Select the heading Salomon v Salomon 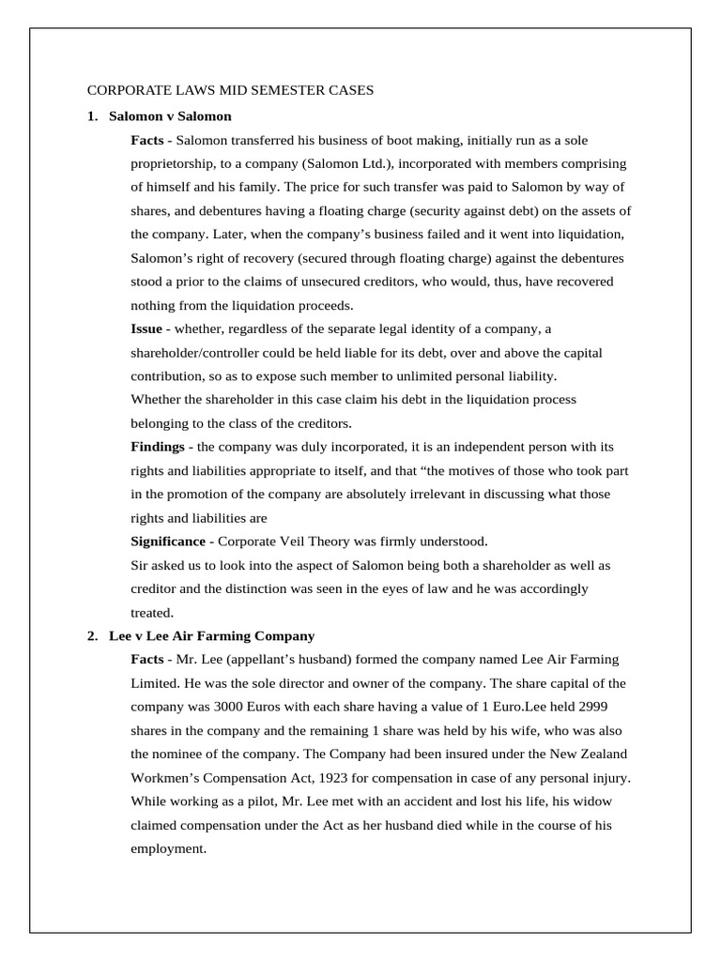(170, 116)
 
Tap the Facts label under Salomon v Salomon (148, 140)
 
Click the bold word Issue (146, 329)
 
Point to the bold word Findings (157, 447)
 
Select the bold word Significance (168, 542)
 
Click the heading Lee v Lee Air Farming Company (211, 635)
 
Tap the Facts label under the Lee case (148, 660)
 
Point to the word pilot (245, 801)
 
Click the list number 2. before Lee (92, 635)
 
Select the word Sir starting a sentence (141, 565)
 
